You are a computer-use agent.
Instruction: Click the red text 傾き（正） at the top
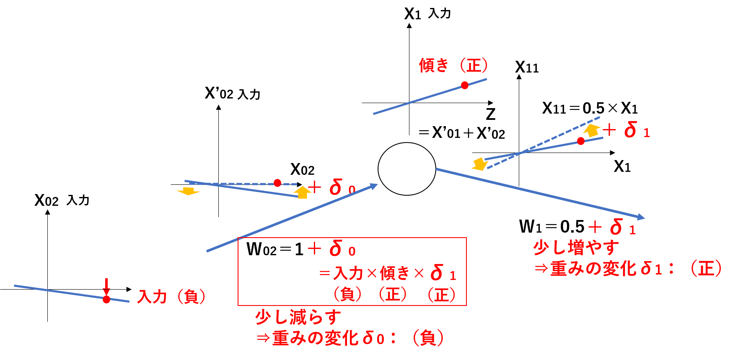coord(453,65)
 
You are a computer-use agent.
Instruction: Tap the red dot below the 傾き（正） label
coord(465,85)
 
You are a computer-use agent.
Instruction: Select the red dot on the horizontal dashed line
coord(277,183)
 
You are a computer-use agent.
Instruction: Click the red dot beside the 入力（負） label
coord(106,299)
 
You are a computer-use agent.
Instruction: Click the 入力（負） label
coord(171,297)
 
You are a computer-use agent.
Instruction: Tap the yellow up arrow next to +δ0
coord(302,192)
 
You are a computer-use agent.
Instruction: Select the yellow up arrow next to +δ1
coord(592,130)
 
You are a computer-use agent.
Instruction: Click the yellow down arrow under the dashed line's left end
coord(188,191)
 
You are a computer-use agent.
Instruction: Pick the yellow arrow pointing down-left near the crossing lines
coord(479,164)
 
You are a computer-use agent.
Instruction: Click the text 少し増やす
coord(576,248)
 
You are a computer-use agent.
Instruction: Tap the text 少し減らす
coord(298,317)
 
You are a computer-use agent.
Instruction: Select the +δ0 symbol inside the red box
coord(332,249)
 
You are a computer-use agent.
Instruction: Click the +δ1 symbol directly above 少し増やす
coord(612,228)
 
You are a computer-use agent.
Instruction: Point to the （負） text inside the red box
coord(347,294)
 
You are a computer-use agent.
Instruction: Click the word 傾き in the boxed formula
coord(394,274)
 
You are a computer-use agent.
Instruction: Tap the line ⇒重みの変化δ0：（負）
coord(349,338)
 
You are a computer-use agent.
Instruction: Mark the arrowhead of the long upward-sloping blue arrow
coord(373,186)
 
